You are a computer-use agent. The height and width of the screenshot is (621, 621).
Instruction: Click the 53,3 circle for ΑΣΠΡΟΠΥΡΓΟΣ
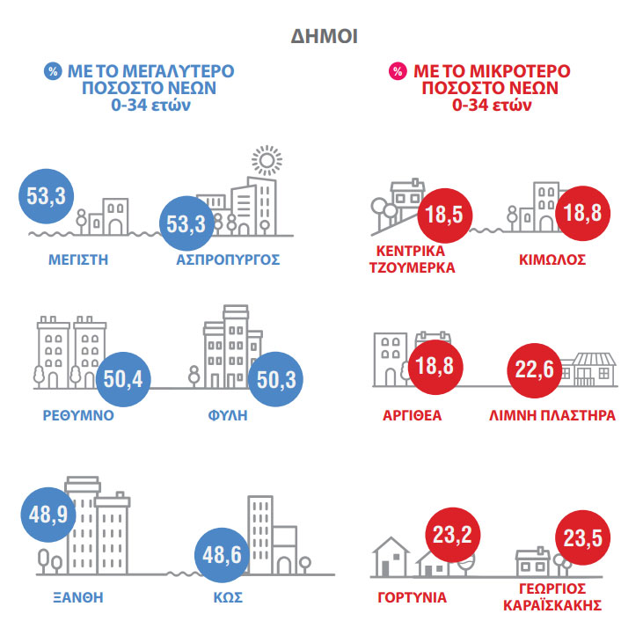(185, 223)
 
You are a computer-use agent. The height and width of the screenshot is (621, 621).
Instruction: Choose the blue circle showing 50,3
(277, 380)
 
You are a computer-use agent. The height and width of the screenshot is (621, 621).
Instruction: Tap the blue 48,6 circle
(222, 555)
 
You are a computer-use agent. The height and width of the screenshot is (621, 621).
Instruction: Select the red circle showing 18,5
(443, 215)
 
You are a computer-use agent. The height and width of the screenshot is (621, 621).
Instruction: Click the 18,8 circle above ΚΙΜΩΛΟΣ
(581, 214)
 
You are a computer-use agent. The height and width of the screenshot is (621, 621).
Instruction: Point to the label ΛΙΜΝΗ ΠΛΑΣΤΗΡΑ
(551, 415)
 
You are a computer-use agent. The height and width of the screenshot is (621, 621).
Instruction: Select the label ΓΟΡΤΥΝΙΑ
(412, 597)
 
